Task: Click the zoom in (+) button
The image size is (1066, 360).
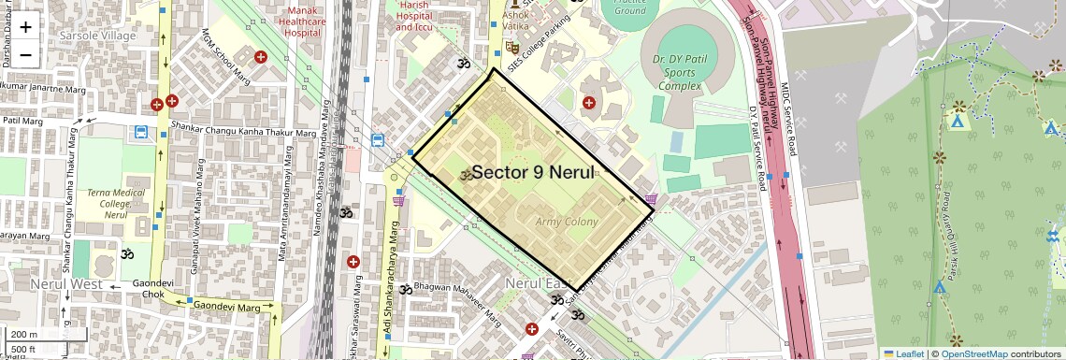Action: (25, 26)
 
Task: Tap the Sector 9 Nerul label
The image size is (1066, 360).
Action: (533, 172)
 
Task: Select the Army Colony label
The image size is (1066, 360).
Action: (567, 222)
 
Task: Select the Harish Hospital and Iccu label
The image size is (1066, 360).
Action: (417, 16)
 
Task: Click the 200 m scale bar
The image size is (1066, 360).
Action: (25, 335)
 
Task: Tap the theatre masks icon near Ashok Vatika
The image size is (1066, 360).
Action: (511, 45)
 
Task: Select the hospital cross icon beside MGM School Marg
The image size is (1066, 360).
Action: (261, 57)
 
